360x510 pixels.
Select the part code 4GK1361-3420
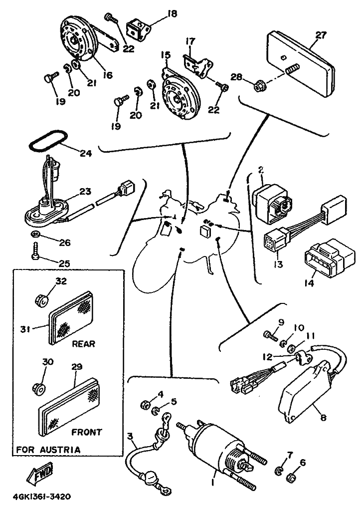click(x=42, y=497)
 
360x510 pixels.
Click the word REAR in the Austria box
click(x=83, y=344)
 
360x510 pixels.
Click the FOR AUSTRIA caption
click(x=48, y=450)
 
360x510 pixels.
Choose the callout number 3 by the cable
click(x=131, y=438)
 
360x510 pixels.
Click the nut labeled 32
click(x=42, y=300)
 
